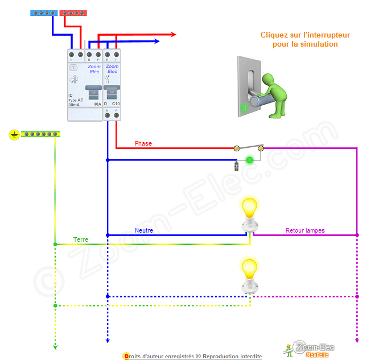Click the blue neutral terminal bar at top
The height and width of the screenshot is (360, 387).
click(43, 13)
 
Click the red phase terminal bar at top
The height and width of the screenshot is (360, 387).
click(73, 13)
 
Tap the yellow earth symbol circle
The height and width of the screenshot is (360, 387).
click(14, 135)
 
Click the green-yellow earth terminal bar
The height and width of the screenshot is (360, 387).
click(40, 135)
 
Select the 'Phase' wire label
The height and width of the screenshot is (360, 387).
click(143, 143)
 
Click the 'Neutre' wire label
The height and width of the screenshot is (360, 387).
click(144, 230)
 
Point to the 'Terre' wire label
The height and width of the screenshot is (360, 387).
click(81, 239)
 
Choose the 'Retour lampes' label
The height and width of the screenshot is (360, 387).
click(305, 230)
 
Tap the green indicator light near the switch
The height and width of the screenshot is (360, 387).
click(249, 160)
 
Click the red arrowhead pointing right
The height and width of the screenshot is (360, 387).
click(173, 35)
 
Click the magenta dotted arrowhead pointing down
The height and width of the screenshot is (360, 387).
click(357, 340)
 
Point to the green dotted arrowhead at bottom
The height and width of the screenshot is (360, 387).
click(55, 345)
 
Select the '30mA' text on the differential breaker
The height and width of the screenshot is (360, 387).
click(74, 105)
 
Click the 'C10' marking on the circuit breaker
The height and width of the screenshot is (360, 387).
click(116, 104)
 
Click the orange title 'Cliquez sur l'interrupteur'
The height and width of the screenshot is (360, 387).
click(305, 35)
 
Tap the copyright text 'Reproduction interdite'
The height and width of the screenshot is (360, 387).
click(232, 356)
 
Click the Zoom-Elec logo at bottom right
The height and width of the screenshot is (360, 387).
click(311, 349)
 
